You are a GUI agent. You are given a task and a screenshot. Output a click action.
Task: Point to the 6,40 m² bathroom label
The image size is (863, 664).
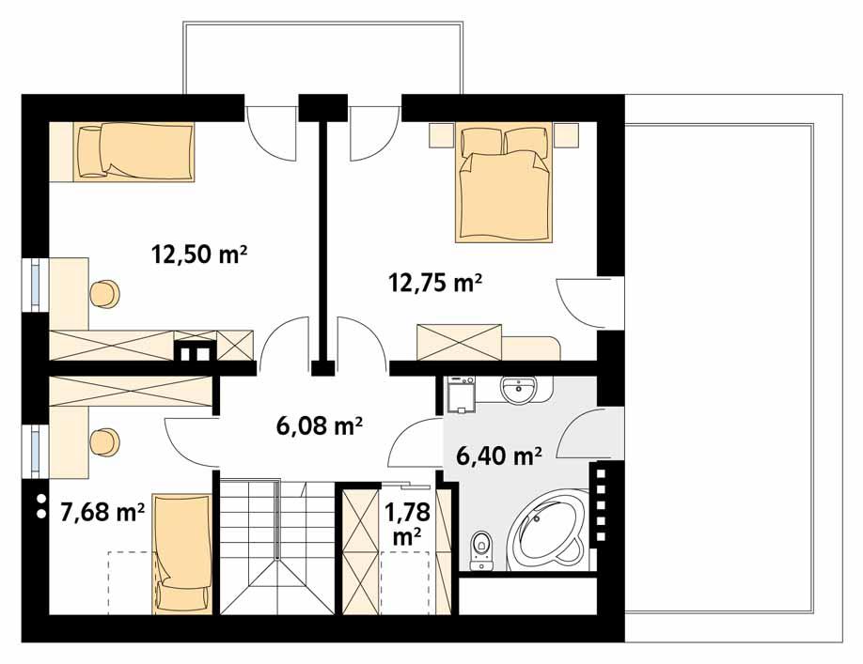(498, 456)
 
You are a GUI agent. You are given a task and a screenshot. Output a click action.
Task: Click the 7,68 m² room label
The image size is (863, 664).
(102, 511)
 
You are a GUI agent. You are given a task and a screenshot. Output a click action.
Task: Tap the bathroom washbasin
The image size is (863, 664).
(518, 390)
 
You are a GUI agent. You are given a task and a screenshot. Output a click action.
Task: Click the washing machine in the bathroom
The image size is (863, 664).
(461, 395)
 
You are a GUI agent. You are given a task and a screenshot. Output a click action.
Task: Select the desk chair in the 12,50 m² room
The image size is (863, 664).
(105, 293)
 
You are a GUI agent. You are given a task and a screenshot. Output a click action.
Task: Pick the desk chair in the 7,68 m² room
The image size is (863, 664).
(105, 439)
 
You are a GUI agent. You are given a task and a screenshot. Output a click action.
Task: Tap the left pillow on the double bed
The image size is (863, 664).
(481, 141)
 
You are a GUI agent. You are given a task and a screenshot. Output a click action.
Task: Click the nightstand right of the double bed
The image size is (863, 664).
(565, 137)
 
